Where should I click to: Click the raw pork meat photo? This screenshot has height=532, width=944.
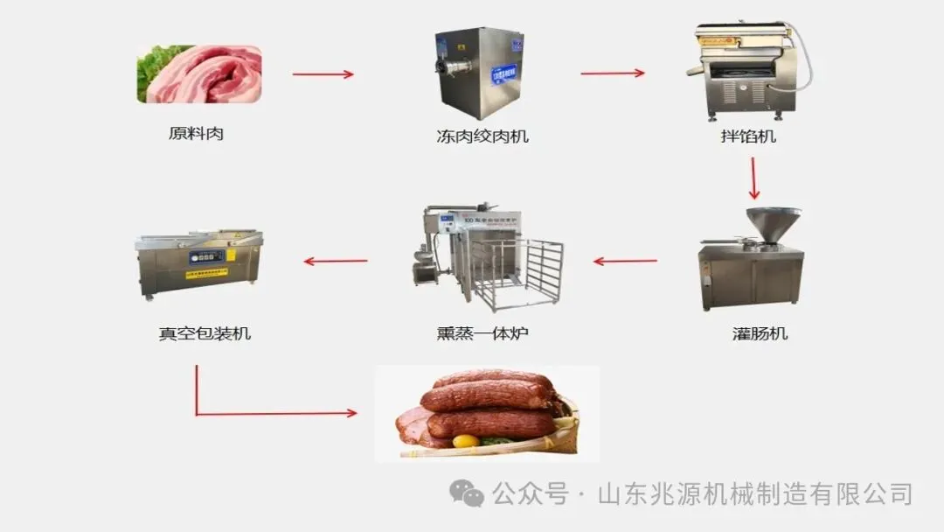coord(199,74)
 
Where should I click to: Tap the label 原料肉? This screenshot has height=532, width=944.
coord(196,135)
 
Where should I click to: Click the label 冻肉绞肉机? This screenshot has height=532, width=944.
coord(482,136)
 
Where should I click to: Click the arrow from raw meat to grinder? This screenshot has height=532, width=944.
coord(323,74)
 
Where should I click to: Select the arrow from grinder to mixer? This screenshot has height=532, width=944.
coord(612,73)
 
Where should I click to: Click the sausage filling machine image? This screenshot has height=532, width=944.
coord(751,259)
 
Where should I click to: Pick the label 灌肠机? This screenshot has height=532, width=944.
coord(760,333)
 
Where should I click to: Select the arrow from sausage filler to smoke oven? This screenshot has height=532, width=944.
coord(625,261)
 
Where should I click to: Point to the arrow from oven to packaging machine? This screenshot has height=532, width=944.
coord(335,261)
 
